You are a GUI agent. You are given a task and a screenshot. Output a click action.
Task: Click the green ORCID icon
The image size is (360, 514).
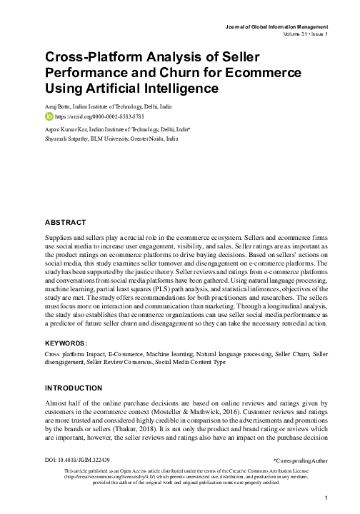(49, 116)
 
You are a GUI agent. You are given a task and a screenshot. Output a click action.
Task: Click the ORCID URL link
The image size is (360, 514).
(94, 116)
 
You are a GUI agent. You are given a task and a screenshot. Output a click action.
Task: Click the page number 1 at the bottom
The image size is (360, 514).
(325, 498)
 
